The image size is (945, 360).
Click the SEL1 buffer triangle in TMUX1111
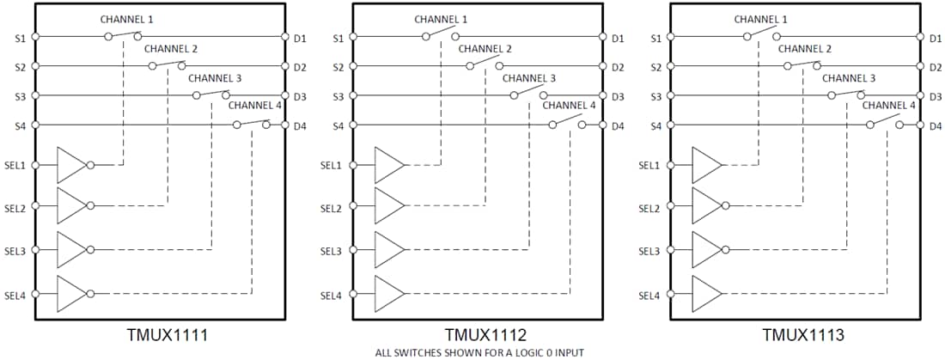tap(71, 164)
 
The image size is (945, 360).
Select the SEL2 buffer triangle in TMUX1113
tap(707, 207)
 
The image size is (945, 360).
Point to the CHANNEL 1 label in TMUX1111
tap(127, 19)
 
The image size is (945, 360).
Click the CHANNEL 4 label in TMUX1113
tap(889, 106)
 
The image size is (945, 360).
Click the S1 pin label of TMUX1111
tap(20, 37)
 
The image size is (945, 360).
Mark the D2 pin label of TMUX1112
tap(618, 66)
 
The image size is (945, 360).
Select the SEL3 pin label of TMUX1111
tap(15, 252)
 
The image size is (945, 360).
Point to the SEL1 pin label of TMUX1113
tap(650, 164)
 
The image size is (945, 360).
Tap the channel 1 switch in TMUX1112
tap(440, 35)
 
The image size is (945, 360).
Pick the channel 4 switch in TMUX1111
tap(252, 124)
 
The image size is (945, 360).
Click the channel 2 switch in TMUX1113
tap(802, 64)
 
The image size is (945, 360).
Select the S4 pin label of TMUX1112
tap(338, 125)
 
